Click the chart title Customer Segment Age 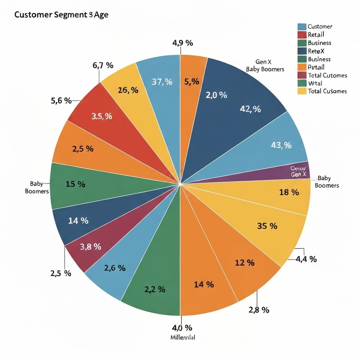[61, 15]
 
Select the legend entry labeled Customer [320, 26]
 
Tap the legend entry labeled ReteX [316, 51]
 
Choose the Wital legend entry [315, 83]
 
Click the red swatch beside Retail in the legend [302, 34]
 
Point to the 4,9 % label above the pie [182, 43]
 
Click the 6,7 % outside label [103, 65]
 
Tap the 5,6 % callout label [61, 101]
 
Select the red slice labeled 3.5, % [102, 116]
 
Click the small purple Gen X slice [299, 171]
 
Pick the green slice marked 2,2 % [155, 289]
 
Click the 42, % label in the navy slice [250, 109]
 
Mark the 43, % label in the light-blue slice [281, 145]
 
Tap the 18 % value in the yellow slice [289, 192]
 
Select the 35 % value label [267, 226]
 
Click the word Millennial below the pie [182, 337]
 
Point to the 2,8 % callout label [259, 310]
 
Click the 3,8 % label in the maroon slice [91, 247]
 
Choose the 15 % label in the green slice [75, 184]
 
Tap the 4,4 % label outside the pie [307, 259]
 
